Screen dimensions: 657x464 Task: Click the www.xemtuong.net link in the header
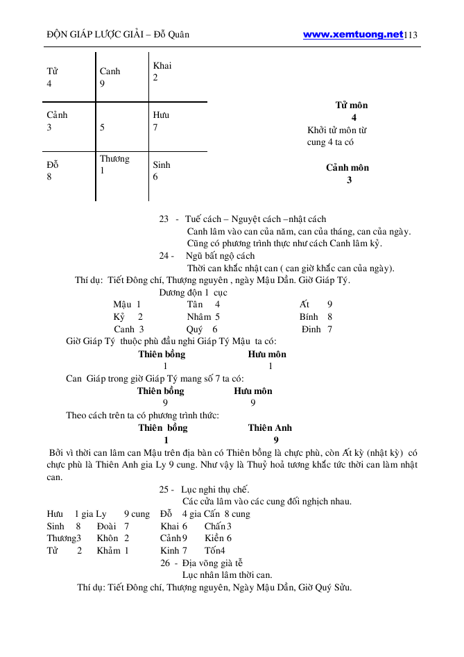tap(353, 34)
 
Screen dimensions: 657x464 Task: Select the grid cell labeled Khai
tap(162, 72)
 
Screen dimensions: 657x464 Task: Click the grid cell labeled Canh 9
tap(110, 77)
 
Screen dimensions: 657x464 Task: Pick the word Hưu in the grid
tap(161, 115)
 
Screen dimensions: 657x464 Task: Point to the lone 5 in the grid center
tap(102, 128)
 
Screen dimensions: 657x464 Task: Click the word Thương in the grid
tap(114, 159)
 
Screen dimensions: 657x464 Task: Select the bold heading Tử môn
tap(352, 105)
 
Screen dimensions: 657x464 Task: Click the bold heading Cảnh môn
tap(347, 168)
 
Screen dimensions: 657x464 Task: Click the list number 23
tap(164, 219)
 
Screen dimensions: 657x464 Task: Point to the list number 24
tap(164, 256)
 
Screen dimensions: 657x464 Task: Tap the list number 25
tap(165, 489)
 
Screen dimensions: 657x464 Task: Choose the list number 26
tap(165, 563)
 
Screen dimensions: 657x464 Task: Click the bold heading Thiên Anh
tap(270, 427)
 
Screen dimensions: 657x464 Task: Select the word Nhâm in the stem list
tap(198, 316)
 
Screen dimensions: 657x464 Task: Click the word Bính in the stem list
tap(309, 316)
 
